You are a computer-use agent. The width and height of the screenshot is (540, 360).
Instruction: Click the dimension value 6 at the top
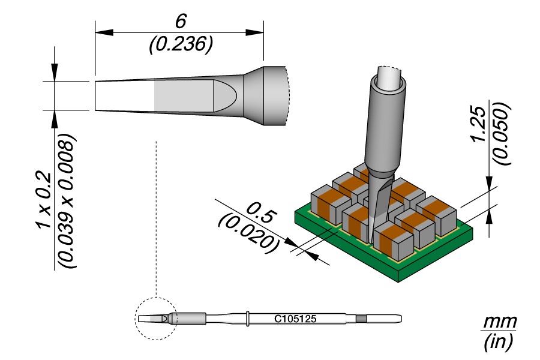[179, 20]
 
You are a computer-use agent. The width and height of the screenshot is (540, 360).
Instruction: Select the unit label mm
[500, 322]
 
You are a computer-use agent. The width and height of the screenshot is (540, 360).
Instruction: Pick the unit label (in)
[499, 343]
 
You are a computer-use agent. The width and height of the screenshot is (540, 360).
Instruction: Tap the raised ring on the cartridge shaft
[248, 318]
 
